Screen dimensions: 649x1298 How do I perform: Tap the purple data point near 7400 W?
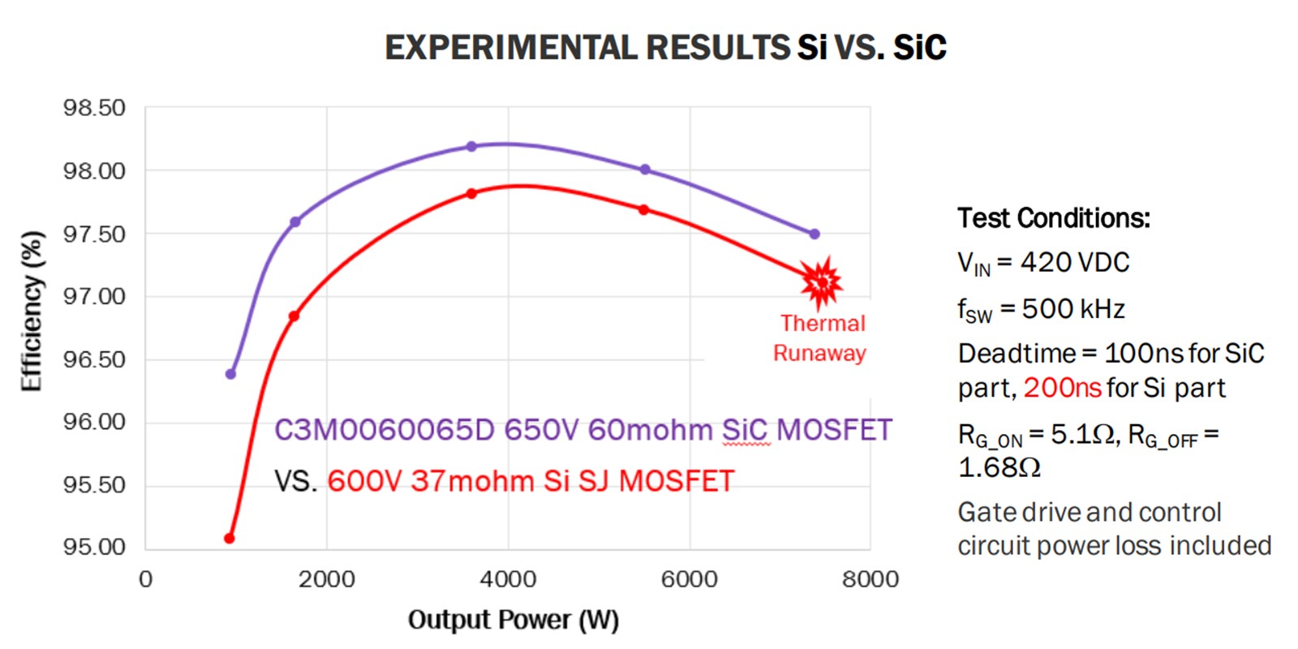coord(814,234)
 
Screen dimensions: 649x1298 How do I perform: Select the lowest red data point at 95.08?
coord(230,538)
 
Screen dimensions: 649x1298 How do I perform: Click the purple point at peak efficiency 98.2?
coord(471,147)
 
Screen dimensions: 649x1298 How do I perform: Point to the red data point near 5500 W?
coord(643,209)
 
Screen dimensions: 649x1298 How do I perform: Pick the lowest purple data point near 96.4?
coord(231,374)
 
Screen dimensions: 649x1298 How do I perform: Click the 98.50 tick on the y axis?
coord(95,108)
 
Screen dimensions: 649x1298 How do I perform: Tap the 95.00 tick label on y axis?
coord(95,547)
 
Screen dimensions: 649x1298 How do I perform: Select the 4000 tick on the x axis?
coord(508,579)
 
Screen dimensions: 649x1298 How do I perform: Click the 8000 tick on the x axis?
coord(870,579)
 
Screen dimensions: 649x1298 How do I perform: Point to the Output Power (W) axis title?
coord(513,620)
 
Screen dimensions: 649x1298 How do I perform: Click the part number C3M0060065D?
coord(384,430)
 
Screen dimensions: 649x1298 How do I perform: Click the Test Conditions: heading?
coord(1053,218)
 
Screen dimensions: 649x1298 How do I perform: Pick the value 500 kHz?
coord(1072,309)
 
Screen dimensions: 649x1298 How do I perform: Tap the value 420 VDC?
coord(1074,263)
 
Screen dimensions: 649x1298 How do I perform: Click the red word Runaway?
coord(819,354)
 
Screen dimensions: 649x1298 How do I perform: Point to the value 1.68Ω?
coord(999,468)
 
